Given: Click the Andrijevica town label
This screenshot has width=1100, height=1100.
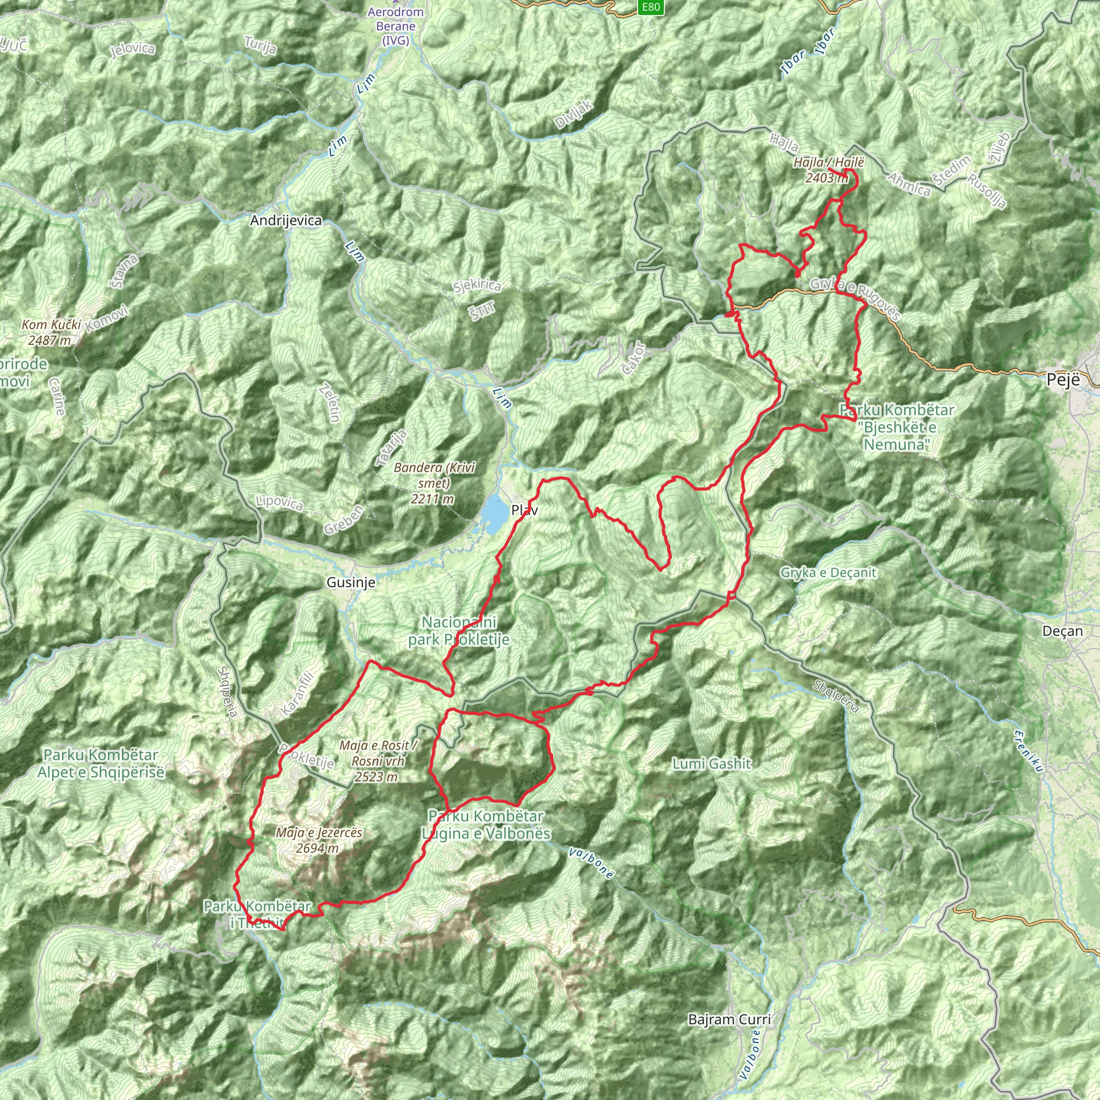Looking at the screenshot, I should click(x=286, y=220).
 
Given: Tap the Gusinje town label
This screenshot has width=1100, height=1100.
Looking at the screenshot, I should click(x=351, y=582).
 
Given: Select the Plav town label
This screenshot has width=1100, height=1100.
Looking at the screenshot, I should click(x=524, y=510).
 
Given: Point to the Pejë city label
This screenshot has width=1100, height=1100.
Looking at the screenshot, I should click(x=1063, y=380).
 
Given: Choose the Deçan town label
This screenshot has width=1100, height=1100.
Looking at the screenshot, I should click(x=1062, y=631).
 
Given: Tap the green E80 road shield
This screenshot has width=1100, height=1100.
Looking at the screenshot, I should click(x=650, y=8).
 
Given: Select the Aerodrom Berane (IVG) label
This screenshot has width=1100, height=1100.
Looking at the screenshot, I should click(x=396, y=26).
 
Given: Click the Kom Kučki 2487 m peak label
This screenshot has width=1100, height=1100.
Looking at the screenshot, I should click(x=51, y=332).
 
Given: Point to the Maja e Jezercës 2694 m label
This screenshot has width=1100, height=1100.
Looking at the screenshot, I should click(x=319, y=841).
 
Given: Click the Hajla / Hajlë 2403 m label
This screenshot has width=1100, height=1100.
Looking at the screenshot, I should click(x=828, y=170).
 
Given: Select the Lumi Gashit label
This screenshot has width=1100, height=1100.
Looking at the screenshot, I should click(x=712, y=764).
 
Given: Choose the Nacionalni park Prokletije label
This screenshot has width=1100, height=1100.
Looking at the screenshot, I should click(x=459, y=631).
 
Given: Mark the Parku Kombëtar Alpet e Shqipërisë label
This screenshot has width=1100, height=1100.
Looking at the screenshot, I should click(x=101, y=764).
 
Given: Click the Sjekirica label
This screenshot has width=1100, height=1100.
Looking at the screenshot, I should click(x=477, y=286).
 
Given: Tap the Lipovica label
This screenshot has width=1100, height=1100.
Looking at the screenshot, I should click(x=279, y=503).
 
